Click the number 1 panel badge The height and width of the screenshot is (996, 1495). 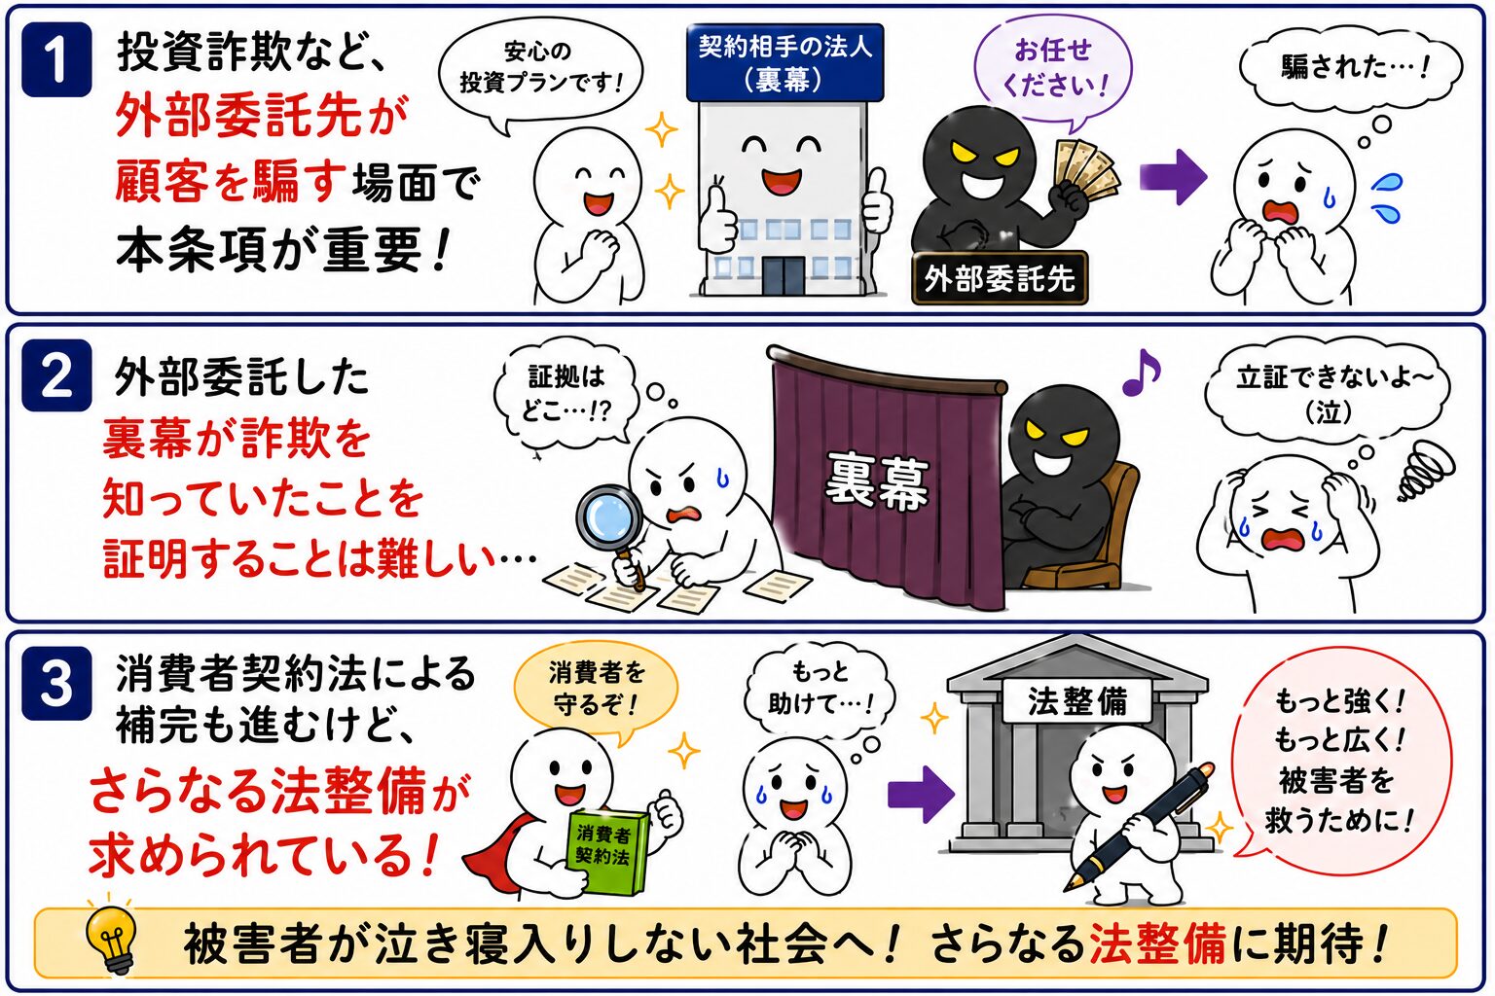(56, 59)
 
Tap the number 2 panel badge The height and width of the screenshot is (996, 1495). (56, 374)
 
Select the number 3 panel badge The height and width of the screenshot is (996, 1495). (56, 683)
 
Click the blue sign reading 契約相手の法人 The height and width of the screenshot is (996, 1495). (784, 62)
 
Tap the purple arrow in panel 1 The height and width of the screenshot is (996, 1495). (1173, 177)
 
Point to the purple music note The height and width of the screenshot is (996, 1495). (1142, 373)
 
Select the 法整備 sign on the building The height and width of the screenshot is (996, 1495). (1077, 701)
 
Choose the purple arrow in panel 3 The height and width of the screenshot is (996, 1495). (921, 794)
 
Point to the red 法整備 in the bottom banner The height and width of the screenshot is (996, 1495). (1157, 944)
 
